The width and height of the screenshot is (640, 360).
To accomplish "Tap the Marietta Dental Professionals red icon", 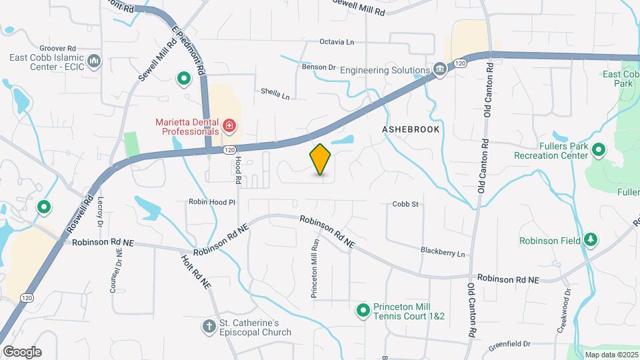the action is coord(229,125).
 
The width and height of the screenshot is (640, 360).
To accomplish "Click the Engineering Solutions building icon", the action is coord(439,69).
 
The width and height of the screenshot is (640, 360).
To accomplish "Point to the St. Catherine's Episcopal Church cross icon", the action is coord(208,326).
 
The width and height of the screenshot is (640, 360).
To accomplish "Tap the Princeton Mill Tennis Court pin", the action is coord(363,310).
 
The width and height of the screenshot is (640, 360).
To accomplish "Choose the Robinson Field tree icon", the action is coord(590,239).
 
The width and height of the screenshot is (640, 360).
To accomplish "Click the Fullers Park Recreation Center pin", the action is coord(598,151).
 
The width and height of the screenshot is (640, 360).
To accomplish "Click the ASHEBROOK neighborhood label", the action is coord(411,129).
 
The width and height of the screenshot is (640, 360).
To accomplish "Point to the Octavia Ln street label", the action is coord(337,42).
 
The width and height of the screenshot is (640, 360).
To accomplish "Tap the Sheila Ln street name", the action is coord(275,95).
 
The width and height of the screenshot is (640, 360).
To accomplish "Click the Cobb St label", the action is coord(405,204).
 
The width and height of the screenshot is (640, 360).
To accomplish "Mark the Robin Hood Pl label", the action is coord(212,201).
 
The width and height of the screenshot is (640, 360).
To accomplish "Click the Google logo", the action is coord(22,351).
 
